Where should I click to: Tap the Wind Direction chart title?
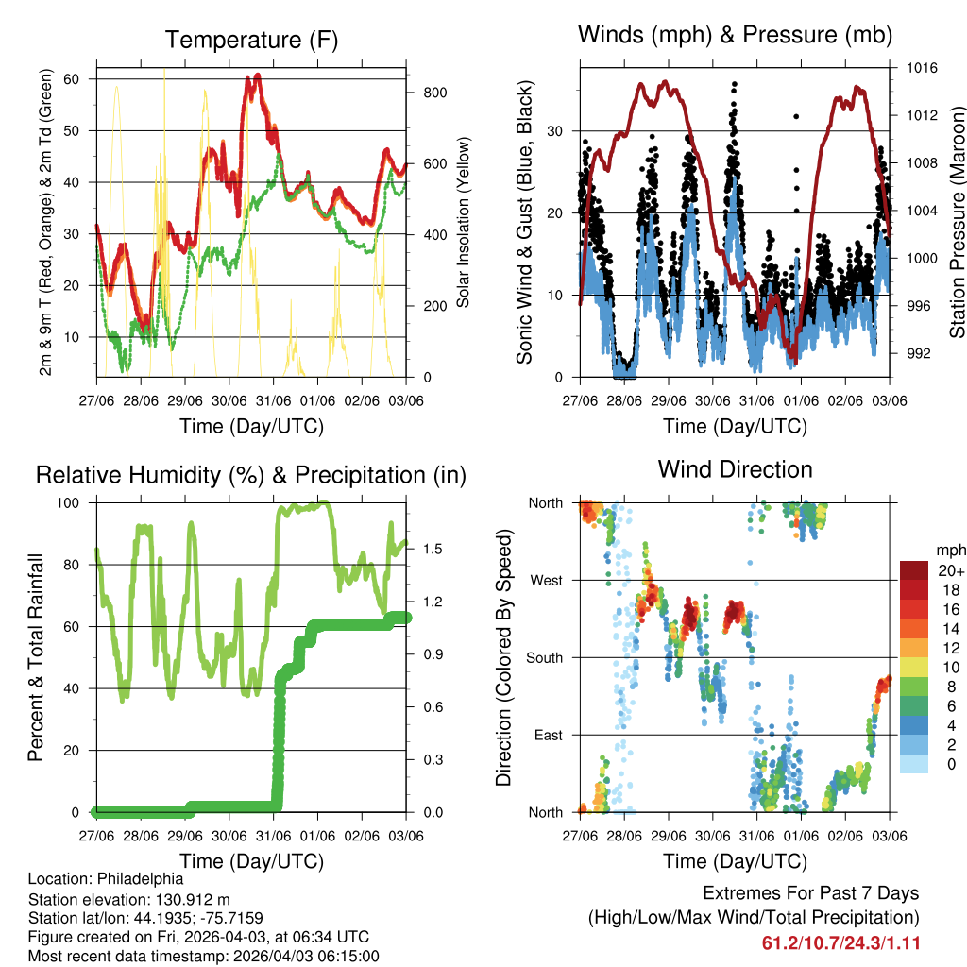735,469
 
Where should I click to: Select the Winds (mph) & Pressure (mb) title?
735,35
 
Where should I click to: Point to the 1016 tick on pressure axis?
924,68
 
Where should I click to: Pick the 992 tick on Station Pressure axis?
921,353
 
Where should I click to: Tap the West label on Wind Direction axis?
546,580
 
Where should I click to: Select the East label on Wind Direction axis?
548,735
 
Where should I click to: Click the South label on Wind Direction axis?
545,657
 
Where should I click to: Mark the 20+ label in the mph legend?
951,570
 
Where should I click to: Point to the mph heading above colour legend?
949,550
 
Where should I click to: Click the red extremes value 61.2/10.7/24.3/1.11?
840,942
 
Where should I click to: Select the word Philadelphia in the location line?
141,878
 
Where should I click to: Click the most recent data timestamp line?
204,956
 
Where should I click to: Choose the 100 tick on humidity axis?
75,502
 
